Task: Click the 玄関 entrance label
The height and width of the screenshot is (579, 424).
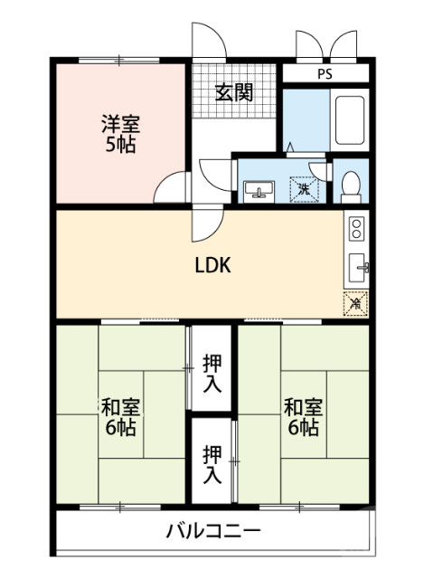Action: [x=233, y=92]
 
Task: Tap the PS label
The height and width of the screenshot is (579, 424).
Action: [x=324, y=74]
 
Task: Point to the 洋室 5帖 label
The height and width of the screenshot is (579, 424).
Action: [x=118, y=133]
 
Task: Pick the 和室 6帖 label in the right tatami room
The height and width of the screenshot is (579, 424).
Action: [x=302, y=415]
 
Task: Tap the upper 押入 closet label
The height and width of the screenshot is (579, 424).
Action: [x=212, y=373]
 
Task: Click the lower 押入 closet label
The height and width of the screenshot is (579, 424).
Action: [x=212, y=462]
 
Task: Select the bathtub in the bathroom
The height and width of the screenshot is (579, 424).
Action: [x=348, y=120]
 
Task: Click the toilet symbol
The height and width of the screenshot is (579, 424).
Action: [x=351, y=185]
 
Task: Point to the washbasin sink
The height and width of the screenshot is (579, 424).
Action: [x=259, y=191]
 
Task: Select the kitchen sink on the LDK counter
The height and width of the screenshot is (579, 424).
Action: [x=357, y=268]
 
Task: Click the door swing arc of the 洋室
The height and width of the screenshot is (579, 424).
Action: [x=172, y=187]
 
